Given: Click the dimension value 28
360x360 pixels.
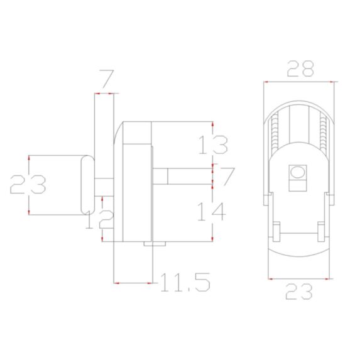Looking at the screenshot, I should [x=300, y=68].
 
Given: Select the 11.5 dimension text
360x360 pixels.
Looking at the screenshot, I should [x=184, y=282].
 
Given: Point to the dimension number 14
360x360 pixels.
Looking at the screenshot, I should [x=212, y=212].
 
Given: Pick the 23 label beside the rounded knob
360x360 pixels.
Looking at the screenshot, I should [x=28, y=185].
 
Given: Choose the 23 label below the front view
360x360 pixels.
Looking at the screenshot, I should [x=298, y=292].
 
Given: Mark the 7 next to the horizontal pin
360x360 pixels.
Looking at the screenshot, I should [x=227, y=177].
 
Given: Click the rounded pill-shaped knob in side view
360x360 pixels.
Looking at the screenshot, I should [x=86, y=185].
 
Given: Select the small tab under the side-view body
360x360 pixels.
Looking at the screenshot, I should [x=148, y=243].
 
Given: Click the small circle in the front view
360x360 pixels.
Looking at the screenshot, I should [x=297, y=172].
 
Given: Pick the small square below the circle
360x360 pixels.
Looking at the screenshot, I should [x=297, y=183].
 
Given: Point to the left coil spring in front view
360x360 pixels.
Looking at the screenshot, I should [x=274, y=135].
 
